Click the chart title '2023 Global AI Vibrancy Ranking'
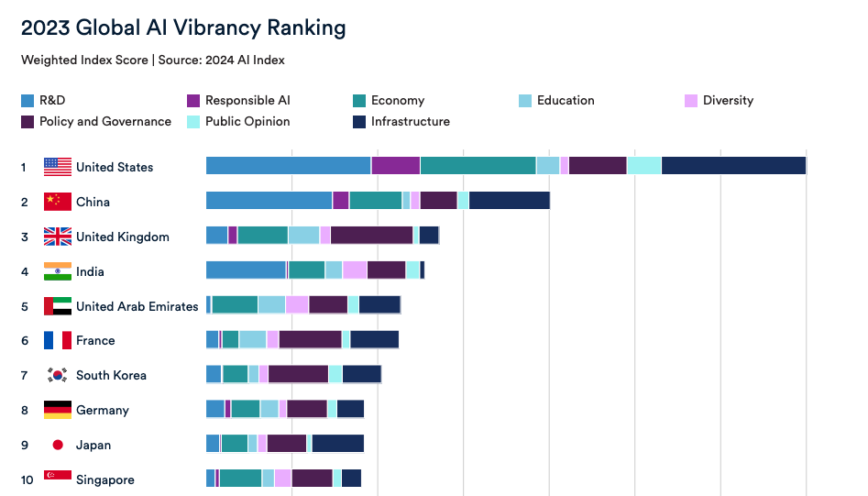click(x=183, y=28)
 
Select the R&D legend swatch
click(x=27, y=101)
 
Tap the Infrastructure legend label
click(x=410, y=121)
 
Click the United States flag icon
click(x=58, y=167)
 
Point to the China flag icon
click(x=58, y=202)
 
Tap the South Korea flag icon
click(x=58, y=375)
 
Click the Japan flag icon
click(x=58, y=445)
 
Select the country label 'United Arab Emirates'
click(x=137, y=306)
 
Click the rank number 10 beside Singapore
click(x=26, y=479)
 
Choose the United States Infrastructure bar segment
click(x=733, y=166)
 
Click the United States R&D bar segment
click(x=288, y=166)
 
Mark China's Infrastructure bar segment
click(x=509, y=201)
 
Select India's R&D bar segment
click(x=246, y=270)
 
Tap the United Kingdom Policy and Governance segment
click(x=371, y=235)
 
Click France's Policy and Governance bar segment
click(x=310, y=339)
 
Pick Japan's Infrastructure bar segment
click(x=337, y=444)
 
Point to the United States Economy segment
click(x=478, y=166)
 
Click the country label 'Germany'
click(x=103, y=410)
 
